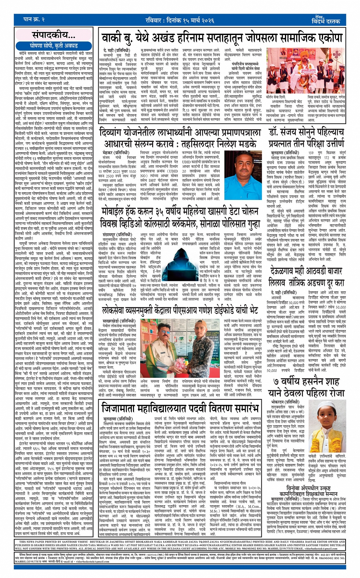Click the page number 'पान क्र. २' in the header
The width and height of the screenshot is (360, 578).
[x=35, y=19]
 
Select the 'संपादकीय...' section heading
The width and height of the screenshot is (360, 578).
[x=54, y=35]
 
